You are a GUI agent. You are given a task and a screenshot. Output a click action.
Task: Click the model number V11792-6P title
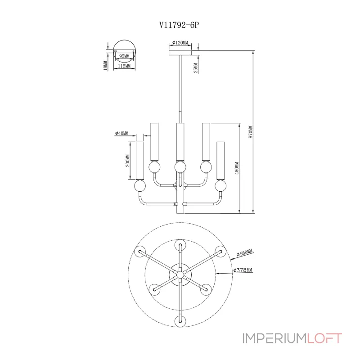click(x=179, y=25)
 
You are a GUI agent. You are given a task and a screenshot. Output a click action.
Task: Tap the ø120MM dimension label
click(x=180, y=42)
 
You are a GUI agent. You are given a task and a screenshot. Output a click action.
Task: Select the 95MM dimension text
click(x=124, y=56)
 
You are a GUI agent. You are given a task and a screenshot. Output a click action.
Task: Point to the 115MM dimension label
click(x=124, y=66)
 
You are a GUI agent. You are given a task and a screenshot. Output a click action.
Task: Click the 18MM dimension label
click(x=105, y=65)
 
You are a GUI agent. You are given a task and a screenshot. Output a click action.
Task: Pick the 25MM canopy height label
click(x=196, y=68)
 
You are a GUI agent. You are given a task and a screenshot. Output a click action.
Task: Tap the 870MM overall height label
click(x=251, y=132)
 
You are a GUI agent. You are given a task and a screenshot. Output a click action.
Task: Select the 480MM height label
click(x=237, y=168)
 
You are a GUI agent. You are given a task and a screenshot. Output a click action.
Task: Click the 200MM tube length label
click(x=128, y=161)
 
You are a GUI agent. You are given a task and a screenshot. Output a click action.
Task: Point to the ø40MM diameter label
click(x=121, y=133)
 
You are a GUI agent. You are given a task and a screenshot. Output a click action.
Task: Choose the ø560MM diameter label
click(x=245, y=252)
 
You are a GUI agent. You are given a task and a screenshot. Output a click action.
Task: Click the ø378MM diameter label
click(x=243, y=270)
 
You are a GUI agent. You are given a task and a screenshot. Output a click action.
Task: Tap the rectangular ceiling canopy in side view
click(x=180, y=53)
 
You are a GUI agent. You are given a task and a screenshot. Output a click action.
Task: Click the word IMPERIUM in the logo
click(x=275, y=338)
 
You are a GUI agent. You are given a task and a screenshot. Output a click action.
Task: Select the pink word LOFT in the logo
click(x=324, y=338)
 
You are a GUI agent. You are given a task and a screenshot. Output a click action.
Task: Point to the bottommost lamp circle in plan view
click(x=180, y=321)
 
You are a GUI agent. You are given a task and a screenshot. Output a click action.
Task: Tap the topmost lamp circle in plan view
click(x=180, y=245)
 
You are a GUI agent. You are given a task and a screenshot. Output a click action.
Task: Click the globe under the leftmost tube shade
click(x=140, y=186)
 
